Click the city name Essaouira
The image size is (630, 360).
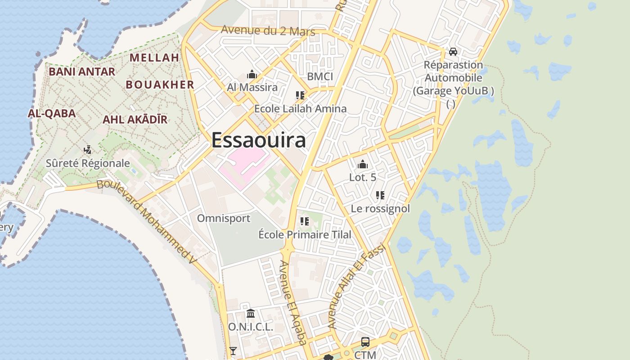point(259,140)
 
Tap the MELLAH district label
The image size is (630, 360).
point(154,58)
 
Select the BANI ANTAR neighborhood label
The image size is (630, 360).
point(82,72)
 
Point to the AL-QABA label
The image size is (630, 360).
point(52,113)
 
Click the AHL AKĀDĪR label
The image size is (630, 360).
point(135,119)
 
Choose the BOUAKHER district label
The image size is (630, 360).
point(160,85)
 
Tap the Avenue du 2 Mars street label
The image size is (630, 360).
point(268,31)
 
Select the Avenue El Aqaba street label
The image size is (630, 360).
point(292,302)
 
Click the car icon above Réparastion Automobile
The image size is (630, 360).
point(453,52)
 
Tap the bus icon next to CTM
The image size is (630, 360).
point(365,342)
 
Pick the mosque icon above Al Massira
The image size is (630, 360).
point(252,74)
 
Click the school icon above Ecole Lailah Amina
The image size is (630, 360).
point(300,95)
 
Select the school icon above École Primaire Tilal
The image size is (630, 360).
point(305,221)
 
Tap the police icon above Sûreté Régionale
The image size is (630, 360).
point(88,150)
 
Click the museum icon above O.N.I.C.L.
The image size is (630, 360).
point(251,313)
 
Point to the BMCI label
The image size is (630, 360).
point(320,76)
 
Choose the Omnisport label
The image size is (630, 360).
point(224,219)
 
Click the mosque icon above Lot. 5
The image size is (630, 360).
point(362,164)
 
